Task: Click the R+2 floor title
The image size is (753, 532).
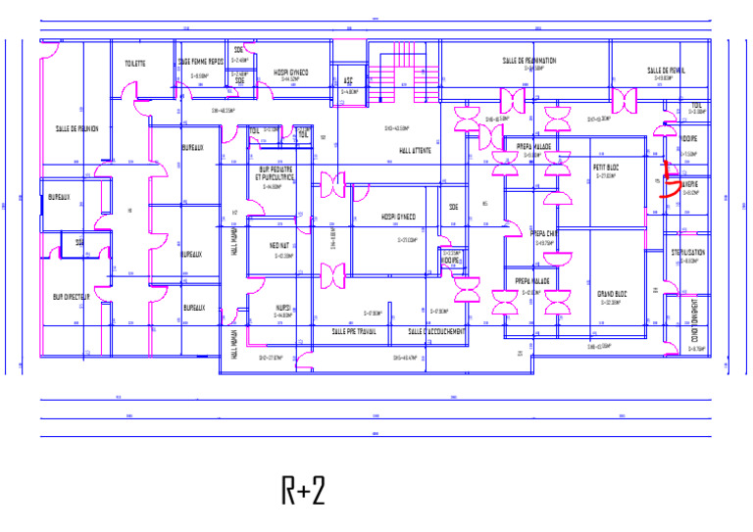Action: click(303, 490)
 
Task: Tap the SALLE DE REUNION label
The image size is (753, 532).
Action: click(76, 128)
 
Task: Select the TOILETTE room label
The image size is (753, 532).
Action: click(135, 64)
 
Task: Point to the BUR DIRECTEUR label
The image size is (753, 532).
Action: click(72, 295)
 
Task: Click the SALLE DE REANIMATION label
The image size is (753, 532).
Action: click(529, 61)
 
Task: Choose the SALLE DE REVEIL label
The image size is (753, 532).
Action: click(666, 71)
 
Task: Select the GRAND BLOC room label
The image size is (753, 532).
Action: click(612, 293)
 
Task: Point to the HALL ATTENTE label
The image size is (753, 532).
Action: click(419, 151)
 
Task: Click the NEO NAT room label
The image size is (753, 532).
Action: click(280, 246)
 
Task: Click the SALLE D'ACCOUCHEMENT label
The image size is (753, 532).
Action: click(436, 332)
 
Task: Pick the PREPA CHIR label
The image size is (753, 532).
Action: click(545, 233)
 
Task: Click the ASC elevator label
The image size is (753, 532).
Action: click(347, 82)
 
